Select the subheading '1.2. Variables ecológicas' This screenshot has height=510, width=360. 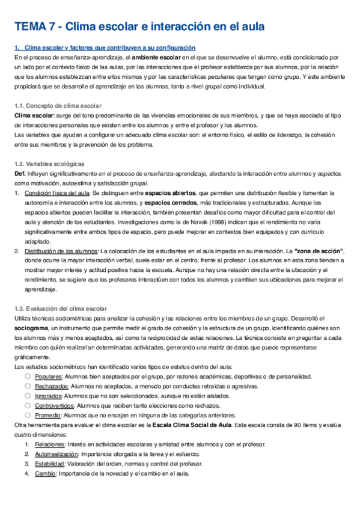[49, 164]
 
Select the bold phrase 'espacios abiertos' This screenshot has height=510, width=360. [170, 194]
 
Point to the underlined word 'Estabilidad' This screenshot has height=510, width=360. [49, 465]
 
